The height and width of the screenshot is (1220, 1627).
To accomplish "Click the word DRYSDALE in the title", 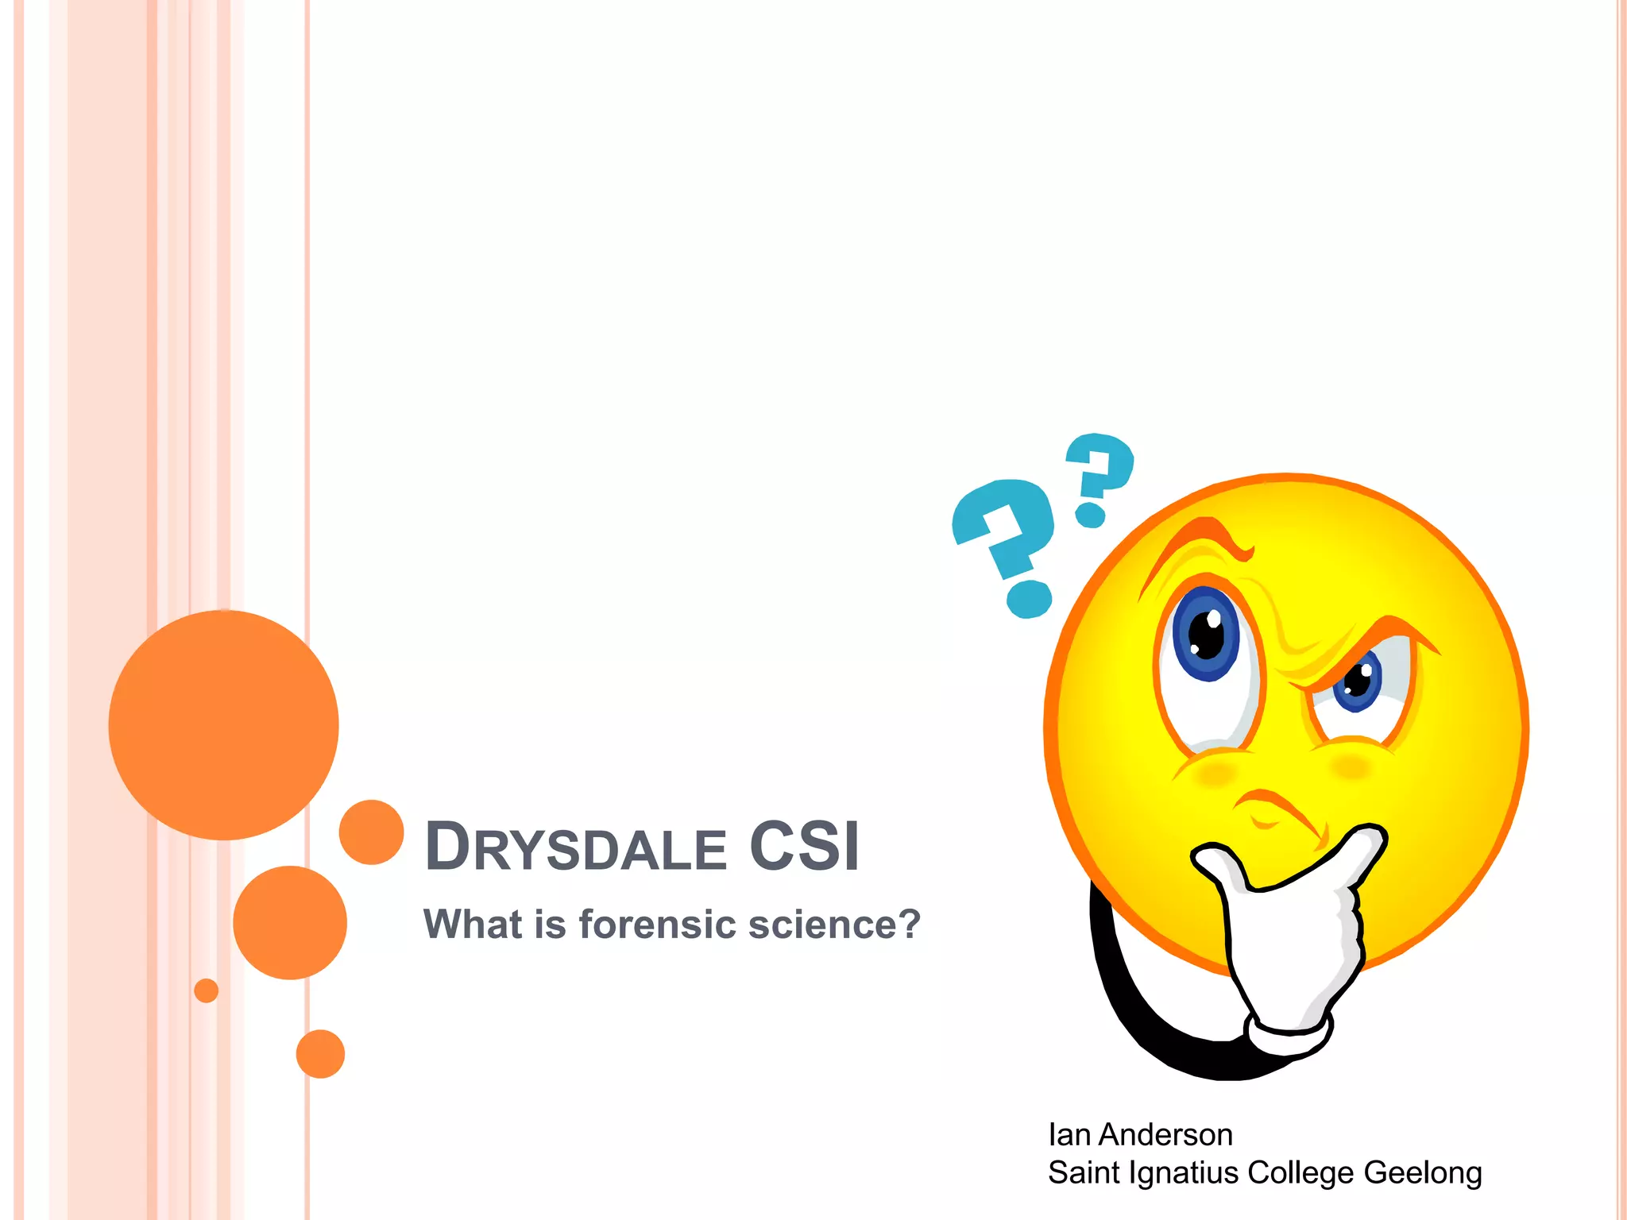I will [x=575, y=847].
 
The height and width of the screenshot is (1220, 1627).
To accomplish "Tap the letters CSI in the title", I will [x=804, y=846].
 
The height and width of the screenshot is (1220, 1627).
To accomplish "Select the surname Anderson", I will [x=1165, y=1135].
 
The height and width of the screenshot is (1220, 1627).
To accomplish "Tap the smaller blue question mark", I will [x=1099, y=477].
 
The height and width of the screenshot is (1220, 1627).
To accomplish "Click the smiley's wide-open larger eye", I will [x=1208, y=635].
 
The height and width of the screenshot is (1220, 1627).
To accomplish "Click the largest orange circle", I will [x=223, y=724].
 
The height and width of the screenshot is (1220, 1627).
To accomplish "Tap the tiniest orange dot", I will [x=206, y=990].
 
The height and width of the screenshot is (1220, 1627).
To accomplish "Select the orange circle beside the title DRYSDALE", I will [x=371, y=832].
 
